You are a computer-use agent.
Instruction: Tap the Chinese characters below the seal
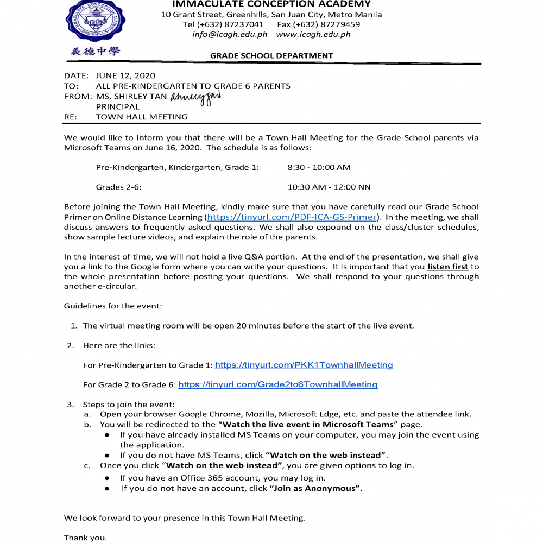pos(95,52)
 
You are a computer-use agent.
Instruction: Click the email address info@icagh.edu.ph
pos(230,34)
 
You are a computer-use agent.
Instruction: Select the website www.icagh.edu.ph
pos(313,34)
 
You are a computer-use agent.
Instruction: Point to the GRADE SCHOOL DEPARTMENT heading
pos(271,55)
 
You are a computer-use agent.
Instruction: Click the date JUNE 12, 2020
pos(125,76)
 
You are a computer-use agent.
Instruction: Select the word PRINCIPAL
pos(118,106)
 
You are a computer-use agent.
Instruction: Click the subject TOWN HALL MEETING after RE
pos(142,117)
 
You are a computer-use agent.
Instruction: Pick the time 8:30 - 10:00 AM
pos(319,168)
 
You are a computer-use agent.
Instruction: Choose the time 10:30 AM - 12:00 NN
pos(329,187)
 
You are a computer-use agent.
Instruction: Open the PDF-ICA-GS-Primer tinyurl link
pos(292,217)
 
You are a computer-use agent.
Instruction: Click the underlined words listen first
pos(447,267)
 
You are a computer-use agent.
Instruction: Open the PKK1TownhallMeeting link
pos(304,365)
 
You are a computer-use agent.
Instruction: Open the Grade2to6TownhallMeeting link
pos(278,384)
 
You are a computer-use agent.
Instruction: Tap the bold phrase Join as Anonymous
pos(315,488)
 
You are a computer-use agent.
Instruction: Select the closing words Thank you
pos(86,538)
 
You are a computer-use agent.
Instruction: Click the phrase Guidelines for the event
pos(113,306)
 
